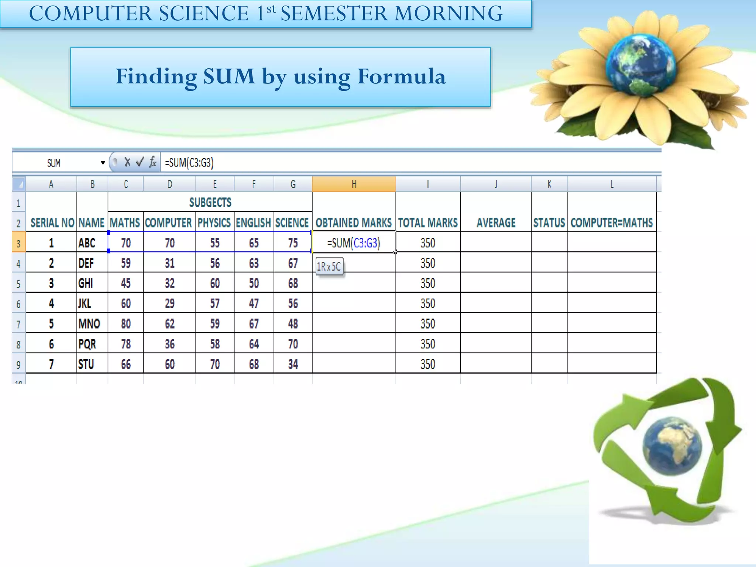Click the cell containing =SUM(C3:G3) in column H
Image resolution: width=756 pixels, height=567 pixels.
click(x=353, y=243)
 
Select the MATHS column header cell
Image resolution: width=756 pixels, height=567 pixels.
click(x=125, y=223)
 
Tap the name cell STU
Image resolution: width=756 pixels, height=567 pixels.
click(x=86, y=364)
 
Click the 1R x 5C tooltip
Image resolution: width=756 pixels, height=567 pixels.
click(x=329, y=266)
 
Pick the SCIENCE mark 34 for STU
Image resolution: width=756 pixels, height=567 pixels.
click(x=293, y=364)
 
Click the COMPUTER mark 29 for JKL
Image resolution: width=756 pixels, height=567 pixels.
click(x=169, y=303)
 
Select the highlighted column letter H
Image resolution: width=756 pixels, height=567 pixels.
click(x=353, y=184)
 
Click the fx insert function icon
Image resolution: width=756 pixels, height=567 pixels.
click(x=152, y=162)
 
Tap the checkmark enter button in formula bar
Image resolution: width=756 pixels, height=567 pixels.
click(x=140, y=162)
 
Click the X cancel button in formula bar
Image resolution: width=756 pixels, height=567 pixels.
click(x=127, y=162)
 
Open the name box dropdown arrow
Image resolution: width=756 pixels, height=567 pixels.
click(x=103, y=163)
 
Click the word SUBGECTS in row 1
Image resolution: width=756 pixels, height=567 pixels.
click(x=210, y=202)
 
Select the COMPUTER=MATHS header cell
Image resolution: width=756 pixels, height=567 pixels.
click(x=611, y=223)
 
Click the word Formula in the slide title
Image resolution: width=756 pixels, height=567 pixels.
click(x=401, y=76)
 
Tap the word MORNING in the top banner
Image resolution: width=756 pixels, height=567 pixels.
click(x=448, y=14)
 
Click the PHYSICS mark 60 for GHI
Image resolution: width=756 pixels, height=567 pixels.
click(x=214, y=283)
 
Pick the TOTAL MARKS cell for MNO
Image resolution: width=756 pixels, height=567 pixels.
click(x=427, y=324)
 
